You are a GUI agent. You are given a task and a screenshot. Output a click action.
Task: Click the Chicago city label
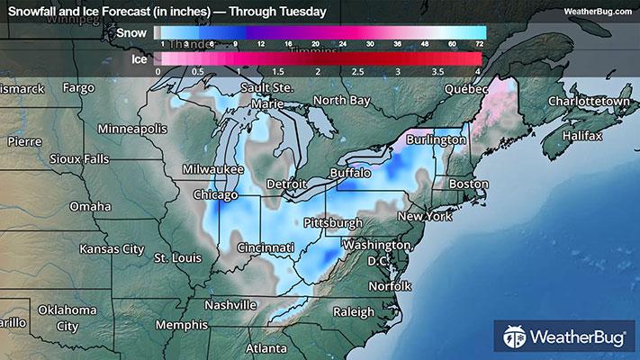pyautogui.click(x=216, y=194)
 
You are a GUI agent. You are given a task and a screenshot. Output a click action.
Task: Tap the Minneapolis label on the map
pyautogui.click(x=132, y=128)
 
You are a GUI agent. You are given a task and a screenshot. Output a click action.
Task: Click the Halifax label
pyautogui.click(x=581, y=135)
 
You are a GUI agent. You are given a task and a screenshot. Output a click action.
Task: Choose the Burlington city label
pyautogui.click(x=436, y=140)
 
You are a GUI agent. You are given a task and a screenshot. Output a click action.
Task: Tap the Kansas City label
pyautogui.click(x=112, y=248)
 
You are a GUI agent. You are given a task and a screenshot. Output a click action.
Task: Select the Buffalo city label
pyautogui.click(x=350, y=171)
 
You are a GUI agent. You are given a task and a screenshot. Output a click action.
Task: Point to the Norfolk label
pyautogui.click(x=390, y=286)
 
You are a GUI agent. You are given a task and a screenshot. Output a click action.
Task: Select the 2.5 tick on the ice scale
pyautogui.click(x=357, y=70)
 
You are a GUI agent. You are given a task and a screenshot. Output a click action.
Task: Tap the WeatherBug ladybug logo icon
pyautogui.click(x=515, y=337)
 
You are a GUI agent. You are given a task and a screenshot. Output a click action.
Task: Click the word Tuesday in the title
pyautogui.click(x=301, y=12)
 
